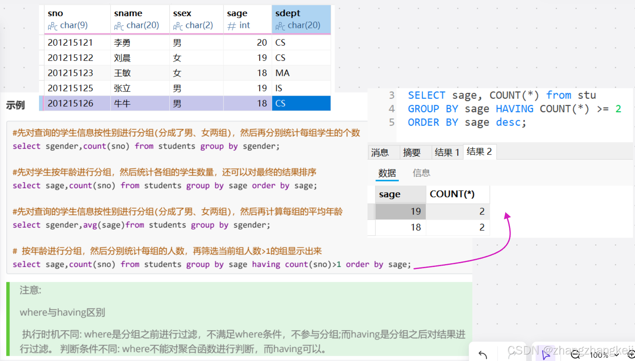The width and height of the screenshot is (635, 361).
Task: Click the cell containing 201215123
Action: coord(70,73)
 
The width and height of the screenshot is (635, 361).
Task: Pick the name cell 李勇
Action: coord(122,43)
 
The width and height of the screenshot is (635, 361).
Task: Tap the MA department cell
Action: coord(283,73)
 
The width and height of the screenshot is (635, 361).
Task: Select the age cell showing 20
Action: coord(262,43)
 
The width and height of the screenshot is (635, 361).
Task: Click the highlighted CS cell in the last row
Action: coord(301,103)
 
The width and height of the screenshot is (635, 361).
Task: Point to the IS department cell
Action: coord(279,88)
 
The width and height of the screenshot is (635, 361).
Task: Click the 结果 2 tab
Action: coord(479,152)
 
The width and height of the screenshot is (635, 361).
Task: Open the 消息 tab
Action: coord(380,153)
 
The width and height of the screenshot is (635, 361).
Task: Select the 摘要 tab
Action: coord(412,153)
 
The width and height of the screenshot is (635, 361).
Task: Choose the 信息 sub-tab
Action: coord(421,173)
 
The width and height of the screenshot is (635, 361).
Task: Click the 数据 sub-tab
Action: coord(387,173)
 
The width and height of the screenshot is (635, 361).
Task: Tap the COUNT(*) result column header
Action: coord(452,194)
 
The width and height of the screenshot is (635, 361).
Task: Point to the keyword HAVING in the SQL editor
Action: coord(514,109)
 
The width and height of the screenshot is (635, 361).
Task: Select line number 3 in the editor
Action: coord(392,95)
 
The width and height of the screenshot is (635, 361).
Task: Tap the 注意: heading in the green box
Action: coord(30,290)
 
